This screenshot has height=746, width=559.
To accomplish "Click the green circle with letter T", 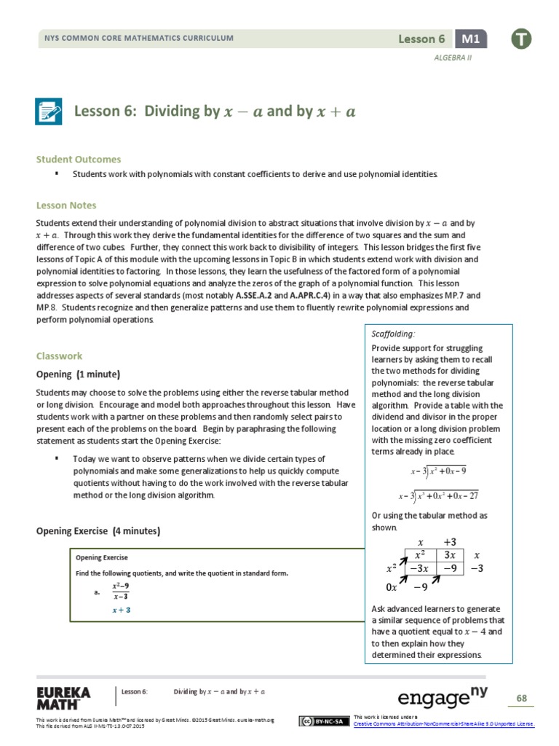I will click(x=520, y=39).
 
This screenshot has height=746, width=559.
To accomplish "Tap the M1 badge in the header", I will click(x=471, y=39).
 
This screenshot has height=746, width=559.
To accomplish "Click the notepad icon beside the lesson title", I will click(x=49, y=111).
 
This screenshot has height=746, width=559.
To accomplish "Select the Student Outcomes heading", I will click(x=79, y=159).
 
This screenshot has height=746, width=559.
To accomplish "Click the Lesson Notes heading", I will click(x=66, y=205).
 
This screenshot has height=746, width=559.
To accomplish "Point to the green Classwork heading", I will click(x=60, y=356).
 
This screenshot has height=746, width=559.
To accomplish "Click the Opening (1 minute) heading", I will click(x=78, y=374).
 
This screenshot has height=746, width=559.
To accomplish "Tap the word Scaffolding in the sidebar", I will click(x=393, y=334).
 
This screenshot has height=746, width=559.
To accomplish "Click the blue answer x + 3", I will click(x=121, y=609).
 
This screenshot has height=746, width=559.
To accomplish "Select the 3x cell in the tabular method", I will click(x=449, y=555).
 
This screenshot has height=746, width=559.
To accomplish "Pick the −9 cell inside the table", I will click(x=449, y=568).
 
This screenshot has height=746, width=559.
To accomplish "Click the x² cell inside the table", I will click(x=420, y=555).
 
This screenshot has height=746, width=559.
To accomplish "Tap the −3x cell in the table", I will click(x=420, y=568).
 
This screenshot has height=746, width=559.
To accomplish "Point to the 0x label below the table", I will click(x=392, y=587).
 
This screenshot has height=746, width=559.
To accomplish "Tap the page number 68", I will click(x=521, y=698).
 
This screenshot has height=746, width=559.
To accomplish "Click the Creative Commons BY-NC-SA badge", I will click(x=322, y=721).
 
